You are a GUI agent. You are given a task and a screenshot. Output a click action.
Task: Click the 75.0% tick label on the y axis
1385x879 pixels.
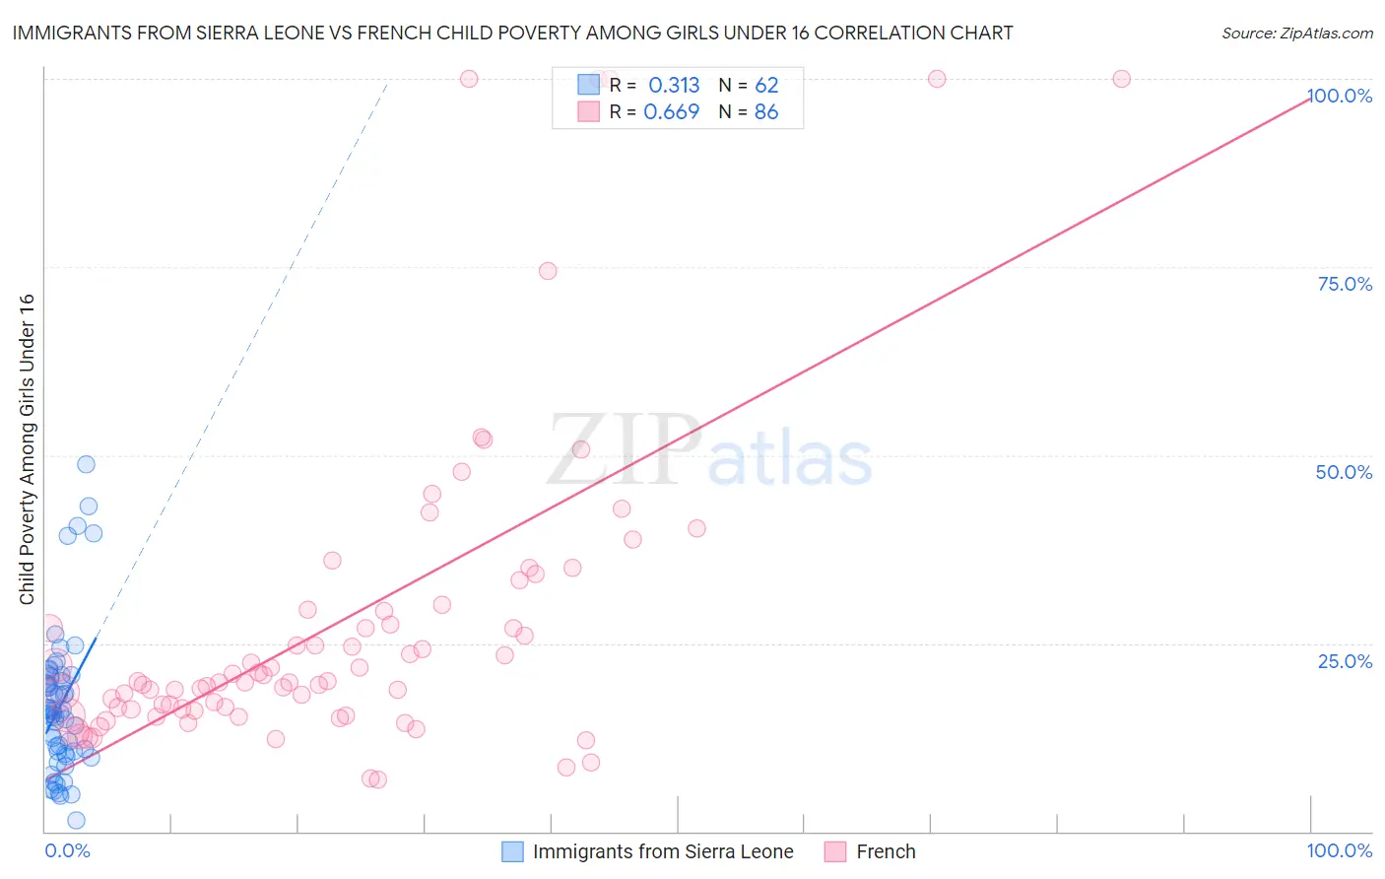click(x=1345, y=284)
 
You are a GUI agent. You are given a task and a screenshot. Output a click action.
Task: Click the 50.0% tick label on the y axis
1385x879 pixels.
click(x=1344, y=472)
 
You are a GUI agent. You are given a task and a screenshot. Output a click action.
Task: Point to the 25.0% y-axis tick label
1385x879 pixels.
click(x=1345, y=661)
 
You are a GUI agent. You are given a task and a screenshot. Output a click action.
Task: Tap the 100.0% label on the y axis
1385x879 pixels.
click(x=1340, y=96)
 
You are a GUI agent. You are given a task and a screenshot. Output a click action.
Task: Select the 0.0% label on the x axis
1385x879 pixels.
click(x=67, y=850)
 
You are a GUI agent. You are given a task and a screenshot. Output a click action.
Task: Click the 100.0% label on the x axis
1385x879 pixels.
click(x=1339, y=850)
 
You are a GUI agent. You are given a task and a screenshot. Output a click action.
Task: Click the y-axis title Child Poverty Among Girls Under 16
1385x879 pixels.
click(x=27, y=449)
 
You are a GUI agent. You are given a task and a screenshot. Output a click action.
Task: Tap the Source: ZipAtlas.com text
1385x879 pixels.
click(x=1296, y=34)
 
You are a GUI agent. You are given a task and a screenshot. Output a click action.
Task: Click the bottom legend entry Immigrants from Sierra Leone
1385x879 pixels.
click(x=663, y=851)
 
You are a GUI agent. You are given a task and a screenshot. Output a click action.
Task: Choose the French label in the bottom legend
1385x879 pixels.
click(x=886, y=851)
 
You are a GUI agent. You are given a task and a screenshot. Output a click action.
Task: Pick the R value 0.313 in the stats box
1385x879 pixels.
click(x=674, y=86)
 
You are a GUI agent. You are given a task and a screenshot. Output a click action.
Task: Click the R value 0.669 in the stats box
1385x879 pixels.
click(x=671, y=112)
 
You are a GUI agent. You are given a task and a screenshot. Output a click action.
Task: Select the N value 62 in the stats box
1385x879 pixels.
click(x=766, y=86)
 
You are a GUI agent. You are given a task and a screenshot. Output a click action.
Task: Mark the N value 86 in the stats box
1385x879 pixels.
click(x=766, y=112)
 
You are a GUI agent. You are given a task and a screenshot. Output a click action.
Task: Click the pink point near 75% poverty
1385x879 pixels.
click(x=548, y=271)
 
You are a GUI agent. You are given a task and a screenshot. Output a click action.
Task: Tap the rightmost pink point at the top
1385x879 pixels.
click(x=1121, y=79)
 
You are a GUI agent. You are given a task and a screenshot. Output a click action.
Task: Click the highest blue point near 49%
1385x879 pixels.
click(x=86, y=464)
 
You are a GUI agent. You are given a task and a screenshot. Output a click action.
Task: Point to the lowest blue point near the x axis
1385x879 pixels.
click(x=76, y=820)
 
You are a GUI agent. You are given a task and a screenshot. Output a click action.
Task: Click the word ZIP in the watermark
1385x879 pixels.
click(x=624, y=449)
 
